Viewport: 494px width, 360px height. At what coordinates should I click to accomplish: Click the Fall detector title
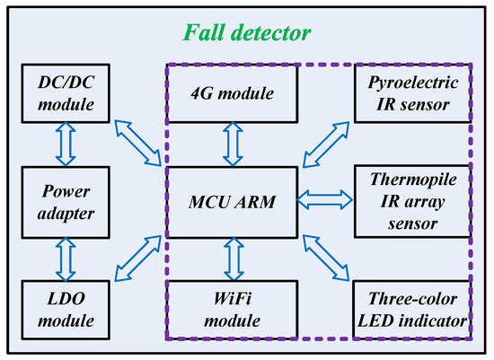tap(248, 33)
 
